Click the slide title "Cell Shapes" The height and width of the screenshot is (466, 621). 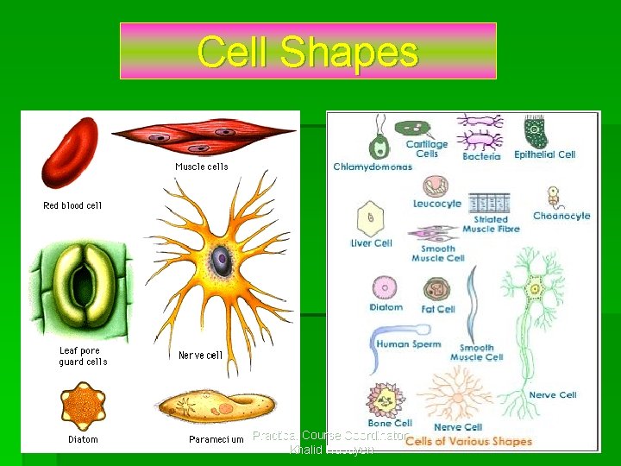click(x=308, y=51)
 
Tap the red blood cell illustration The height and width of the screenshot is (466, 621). click(x=71, y=154)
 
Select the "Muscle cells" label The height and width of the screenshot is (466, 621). click(x=201, y=167)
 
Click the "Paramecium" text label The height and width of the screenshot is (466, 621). click(x=216, y=440)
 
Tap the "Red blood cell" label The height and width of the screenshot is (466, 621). click(x=72, y=205)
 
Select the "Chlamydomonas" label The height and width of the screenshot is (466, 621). click(x=373, y=167)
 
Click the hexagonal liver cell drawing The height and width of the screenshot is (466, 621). click(x=371, y=217)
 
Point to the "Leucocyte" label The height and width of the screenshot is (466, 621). click(x=437, y=205)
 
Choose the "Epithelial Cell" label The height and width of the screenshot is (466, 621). click(x=544, y=155)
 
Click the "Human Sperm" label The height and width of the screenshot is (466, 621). click(x=408, y=344)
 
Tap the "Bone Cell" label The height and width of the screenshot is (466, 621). click(x=390, y=424)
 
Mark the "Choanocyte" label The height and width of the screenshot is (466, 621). click(x=561, y=216)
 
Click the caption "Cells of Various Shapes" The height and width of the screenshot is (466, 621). click(x=468, y=441)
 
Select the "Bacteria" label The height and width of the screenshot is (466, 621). click(x=481, y=157)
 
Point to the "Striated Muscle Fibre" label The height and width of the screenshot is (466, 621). click(x=491, y=224)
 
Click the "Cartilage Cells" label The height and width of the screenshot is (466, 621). click(x=427, y=149)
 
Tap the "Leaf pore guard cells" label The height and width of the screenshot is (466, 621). click(x=83, y=356)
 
